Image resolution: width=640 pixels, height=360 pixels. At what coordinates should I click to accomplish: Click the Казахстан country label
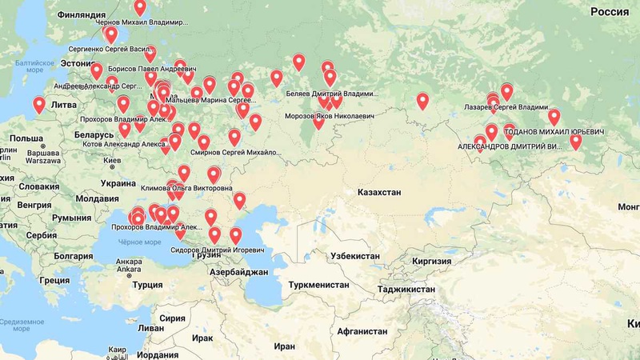coord(379,193)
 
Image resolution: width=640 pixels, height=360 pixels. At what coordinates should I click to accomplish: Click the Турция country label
coord(147,285)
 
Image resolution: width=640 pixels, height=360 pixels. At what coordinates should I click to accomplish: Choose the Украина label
coord(118,183)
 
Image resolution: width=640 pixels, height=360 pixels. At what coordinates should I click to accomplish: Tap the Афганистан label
coord(362,331)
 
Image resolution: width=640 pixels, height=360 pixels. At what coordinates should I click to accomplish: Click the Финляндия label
coord(82,14)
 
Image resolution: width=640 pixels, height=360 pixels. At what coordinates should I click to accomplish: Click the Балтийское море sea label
coord(34,66)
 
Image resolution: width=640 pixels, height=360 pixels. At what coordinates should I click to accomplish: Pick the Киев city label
coord(113,161)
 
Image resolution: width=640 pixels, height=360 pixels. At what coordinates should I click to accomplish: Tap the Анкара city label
coord(128,262)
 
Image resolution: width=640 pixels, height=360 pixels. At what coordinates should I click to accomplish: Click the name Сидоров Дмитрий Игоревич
coord(217,250)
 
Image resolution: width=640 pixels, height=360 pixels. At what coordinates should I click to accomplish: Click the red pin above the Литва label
coord(38,105)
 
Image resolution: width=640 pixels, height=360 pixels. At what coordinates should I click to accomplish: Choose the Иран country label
coord(284,346)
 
